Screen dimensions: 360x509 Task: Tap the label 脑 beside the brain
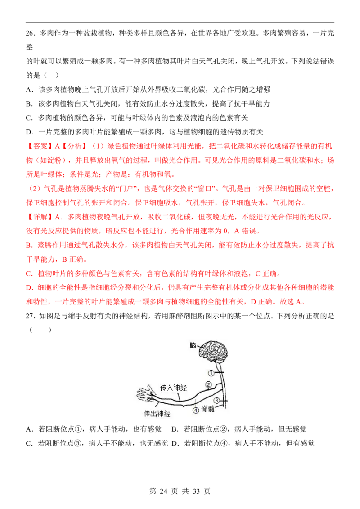coord(193,345)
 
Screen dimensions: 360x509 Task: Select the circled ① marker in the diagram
coord(211,373)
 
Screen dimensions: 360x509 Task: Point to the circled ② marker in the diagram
coord(209,384)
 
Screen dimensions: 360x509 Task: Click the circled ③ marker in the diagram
coord(217,401)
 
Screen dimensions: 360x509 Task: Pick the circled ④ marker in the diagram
coord(196,410)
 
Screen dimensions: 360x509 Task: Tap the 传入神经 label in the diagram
coord(174,388)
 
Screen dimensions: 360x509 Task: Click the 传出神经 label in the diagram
coord(157,414)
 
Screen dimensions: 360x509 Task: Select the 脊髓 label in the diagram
coord(208,409)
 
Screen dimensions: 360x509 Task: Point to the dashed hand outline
coord(144,394)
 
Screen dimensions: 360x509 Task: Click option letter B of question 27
coord(175,429)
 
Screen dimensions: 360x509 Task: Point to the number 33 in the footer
coord(196,491)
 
